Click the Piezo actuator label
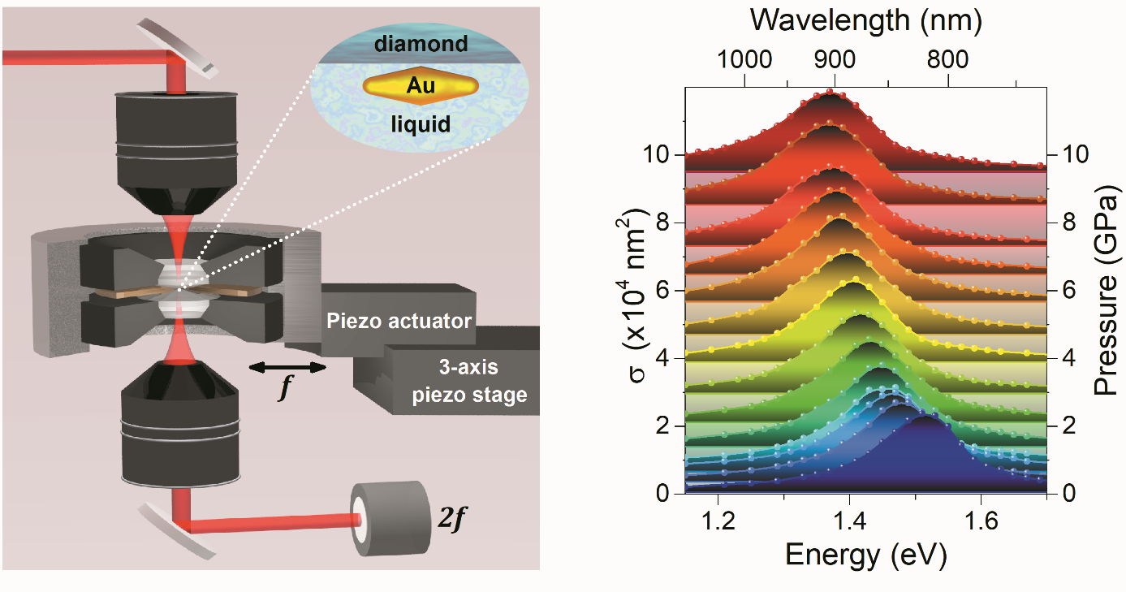tap(399, 321)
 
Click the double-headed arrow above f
tap(287, 368)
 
